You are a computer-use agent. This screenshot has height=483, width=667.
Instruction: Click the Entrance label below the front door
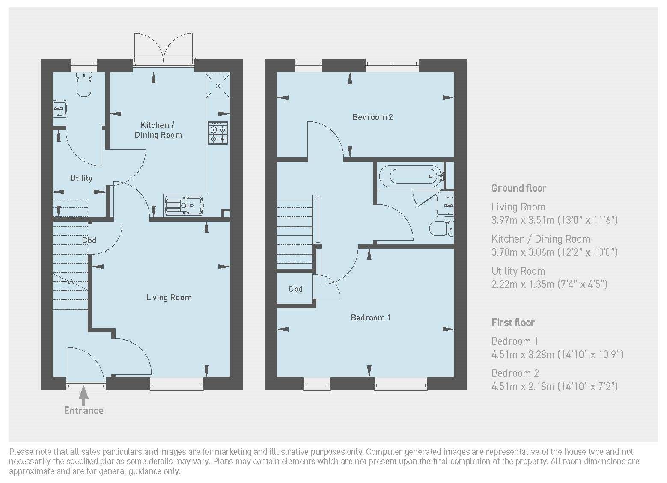(83, 411)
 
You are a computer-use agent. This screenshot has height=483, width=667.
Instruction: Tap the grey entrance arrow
(84, 395)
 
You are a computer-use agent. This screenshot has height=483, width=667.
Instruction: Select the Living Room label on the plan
(169, 298)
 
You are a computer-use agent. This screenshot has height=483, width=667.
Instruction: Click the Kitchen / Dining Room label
(158, 130)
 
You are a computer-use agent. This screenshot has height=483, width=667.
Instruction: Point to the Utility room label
(81, 178)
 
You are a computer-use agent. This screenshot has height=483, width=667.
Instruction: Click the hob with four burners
(218, 133)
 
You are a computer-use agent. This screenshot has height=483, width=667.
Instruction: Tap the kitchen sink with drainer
(184, 205)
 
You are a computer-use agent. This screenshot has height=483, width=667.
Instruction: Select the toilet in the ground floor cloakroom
(84, 84)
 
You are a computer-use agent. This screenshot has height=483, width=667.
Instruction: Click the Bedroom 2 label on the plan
(372, 117)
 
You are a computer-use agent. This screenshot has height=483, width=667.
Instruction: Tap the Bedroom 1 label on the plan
(370, 317)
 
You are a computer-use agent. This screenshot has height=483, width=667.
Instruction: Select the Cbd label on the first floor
(295, 289)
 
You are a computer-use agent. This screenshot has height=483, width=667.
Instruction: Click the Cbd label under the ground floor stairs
(89, 240)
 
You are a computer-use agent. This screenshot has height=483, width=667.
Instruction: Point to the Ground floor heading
(519, 188)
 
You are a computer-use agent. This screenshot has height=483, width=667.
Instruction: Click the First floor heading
(513, 323)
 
